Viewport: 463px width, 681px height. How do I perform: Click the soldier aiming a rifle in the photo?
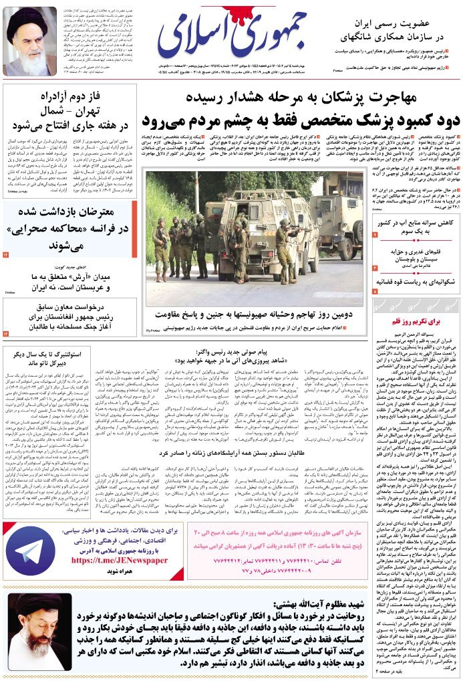[x=283, y=244]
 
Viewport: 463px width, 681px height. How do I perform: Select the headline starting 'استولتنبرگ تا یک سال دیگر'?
[x=49, y=357]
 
